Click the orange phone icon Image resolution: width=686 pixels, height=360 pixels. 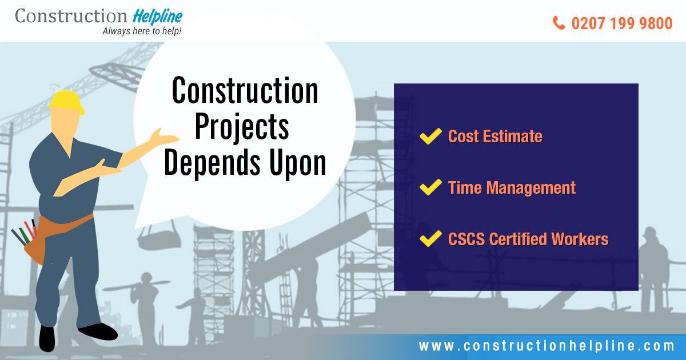[x=559, y=23]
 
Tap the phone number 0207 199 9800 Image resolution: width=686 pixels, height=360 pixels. [x=622, y=23]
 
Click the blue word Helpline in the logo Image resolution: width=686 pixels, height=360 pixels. [x=158, y=17]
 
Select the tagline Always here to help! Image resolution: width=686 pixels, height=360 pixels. [x=142, y=31]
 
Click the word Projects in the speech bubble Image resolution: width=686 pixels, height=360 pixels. [x=242, y=127]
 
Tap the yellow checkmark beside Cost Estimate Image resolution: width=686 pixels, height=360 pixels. [x=430, y=136]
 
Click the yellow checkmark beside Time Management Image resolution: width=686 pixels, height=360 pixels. [x=430, y=187]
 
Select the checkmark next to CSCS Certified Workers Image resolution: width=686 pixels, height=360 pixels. [x=430, y=238]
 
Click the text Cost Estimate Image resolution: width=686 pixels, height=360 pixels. [x=495, y=136]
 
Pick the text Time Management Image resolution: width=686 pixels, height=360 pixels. [x=512, y=187]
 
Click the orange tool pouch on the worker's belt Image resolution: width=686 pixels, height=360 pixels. [x=35, y=242]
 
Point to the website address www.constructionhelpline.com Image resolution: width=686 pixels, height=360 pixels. [x=547, y=346]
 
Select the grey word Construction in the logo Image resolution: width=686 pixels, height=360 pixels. [x=71, y=15]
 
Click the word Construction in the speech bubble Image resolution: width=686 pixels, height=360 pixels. [x=245, y=90]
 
